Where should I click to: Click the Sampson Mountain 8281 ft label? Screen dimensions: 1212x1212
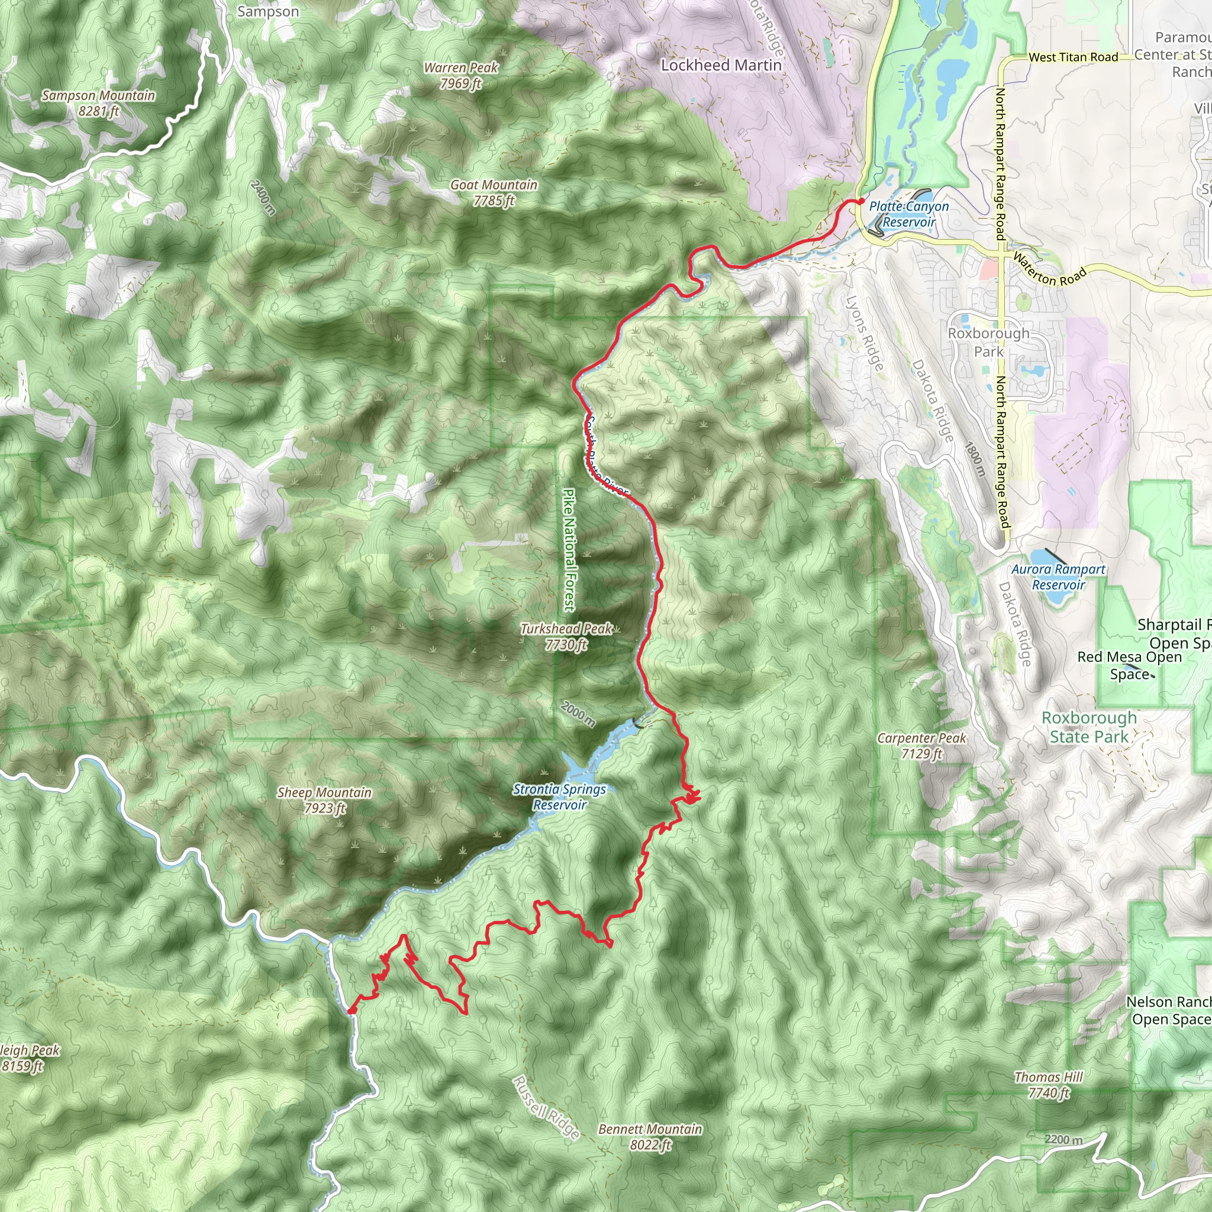coord(98,104)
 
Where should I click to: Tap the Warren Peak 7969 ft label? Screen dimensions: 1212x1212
coord(460,75)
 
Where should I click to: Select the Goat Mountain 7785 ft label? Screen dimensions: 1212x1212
coord(494,192)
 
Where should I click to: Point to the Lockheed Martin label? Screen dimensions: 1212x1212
coord(721,65)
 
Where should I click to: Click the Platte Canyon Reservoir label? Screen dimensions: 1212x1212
coord(908,214)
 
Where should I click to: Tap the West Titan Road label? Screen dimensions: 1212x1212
coord(1073,57)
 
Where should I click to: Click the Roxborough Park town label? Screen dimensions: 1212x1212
coord(989,342)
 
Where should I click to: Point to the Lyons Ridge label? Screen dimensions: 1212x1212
coord(865,333)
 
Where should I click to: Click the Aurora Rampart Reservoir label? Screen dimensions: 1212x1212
coord(1058,576)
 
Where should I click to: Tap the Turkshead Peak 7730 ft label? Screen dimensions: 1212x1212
coord(566,637)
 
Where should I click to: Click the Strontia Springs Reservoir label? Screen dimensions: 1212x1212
coord(560,797)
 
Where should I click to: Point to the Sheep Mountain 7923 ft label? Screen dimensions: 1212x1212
coord(324,800)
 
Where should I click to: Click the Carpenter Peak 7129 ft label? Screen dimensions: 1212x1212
coord(921,745)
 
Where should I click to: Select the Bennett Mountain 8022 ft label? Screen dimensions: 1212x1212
coord(650,1137)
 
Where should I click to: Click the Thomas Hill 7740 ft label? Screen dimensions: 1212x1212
coord(1049,1085)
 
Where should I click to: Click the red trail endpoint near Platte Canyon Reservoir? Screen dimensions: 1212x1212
coord(861,201)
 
